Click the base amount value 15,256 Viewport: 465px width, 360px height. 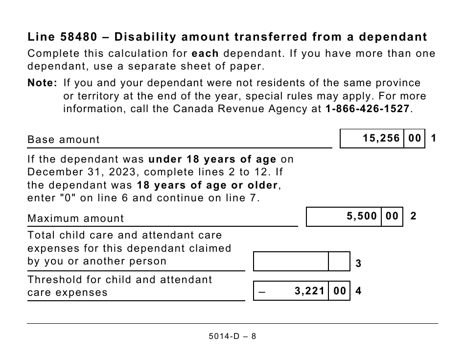[381, 139]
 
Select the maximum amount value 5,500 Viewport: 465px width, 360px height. [362, 216]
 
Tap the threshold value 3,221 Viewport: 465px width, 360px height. [310, 291]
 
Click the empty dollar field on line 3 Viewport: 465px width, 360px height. [291, 262]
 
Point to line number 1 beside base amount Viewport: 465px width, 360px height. [434, 139]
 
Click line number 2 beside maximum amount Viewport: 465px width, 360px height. [414, 216]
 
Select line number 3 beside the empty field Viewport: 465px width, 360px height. [358, 264]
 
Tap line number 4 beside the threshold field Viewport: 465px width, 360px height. [358, 291]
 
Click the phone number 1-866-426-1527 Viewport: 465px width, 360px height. [367, 109]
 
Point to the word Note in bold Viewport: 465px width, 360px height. [43, 83]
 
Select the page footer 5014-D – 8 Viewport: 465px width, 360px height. [232, 336]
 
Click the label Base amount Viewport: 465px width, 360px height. [64, 140]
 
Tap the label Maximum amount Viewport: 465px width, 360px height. [76, 218]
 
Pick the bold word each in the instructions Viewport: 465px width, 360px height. [205, 53]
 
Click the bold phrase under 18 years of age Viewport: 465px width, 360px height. [212, 160]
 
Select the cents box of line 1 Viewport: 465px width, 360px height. [415, 139]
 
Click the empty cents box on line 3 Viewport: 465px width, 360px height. [339, 262]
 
